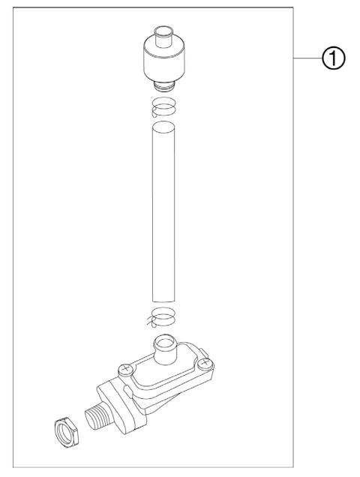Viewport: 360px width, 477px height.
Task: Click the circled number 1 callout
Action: [x=333, y=58]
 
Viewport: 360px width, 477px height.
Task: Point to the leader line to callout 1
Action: [x=307, y=58]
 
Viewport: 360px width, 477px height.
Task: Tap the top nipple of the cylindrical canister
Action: [x=163, y=36]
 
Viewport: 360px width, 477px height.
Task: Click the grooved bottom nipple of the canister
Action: [x=163, y=86]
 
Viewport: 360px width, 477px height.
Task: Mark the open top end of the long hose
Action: [x=163, y=127]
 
